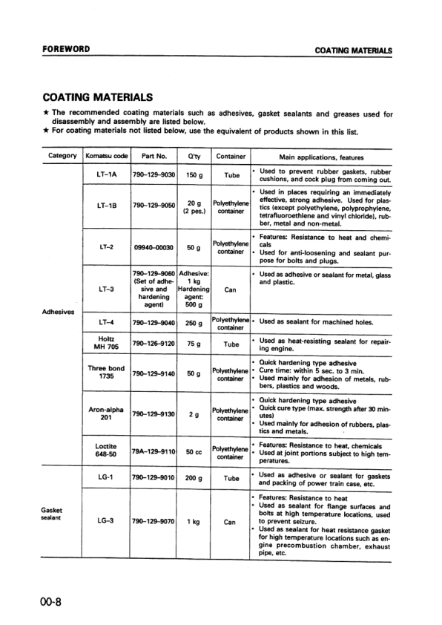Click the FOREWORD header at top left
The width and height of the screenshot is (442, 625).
tap(66, 50)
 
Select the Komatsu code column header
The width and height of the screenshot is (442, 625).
tap(107, 157)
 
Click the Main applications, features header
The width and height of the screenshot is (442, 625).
tap(320, 157)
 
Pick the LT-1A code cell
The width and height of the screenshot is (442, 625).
tap(107, 175)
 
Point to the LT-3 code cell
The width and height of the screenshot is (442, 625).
tap(107, 289)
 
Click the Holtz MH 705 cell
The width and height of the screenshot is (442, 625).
tap(107, 344)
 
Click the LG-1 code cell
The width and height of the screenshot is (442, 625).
tap(107, 479)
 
